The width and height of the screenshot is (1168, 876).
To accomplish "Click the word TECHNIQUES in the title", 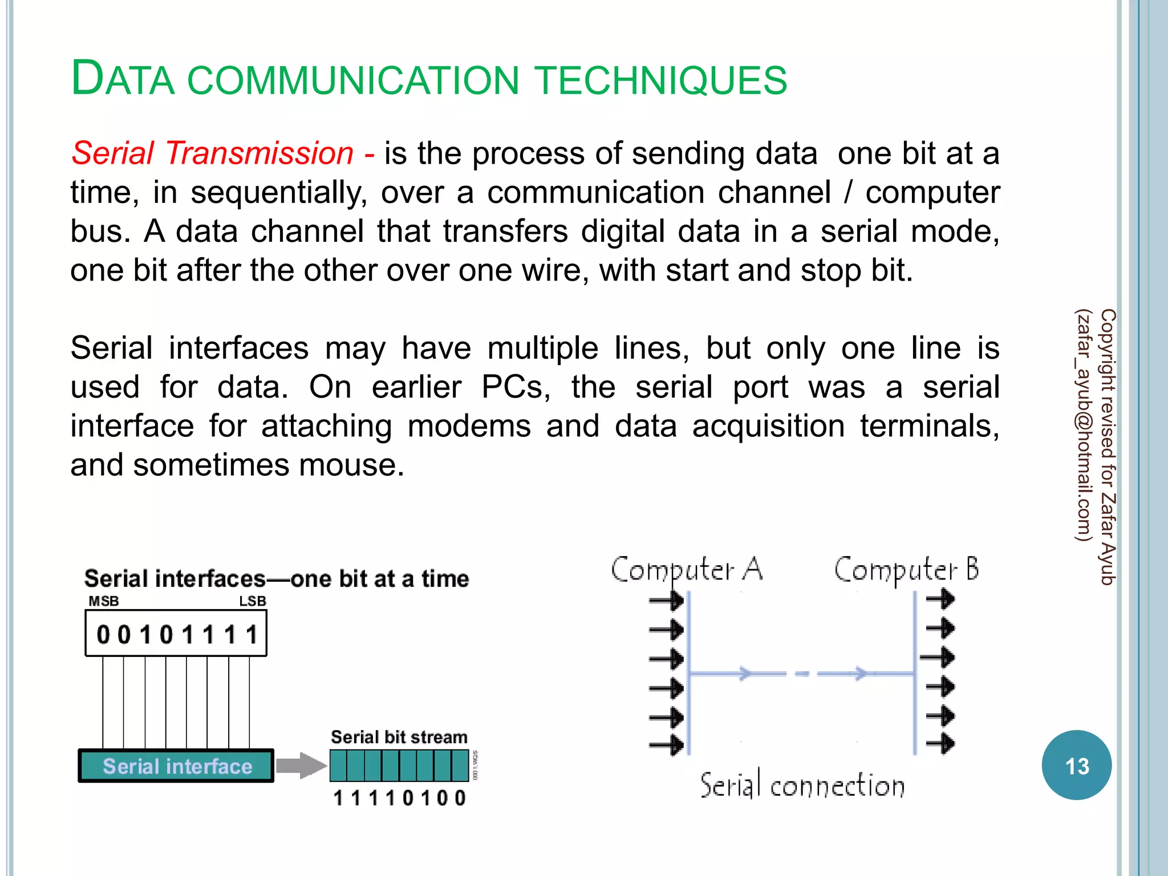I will tap(662, 80).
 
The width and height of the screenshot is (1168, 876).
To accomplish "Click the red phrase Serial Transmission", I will tap(213, 154).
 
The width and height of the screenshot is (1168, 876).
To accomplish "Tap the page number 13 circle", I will tap(1076, 765).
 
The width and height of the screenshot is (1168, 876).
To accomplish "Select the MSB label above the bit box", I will tap(104, 601).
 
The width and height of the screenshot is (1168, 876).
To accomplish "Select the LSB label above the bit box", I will tap(252, 601).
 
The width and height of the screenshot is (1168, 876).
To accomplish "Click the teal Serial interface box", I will tap(177, 766).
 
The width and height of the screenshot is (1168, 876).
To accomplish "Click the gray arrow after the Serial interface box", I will tap(300, 765).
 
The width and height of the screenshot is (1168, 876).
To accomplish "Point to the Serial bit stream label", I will tap(399, 737).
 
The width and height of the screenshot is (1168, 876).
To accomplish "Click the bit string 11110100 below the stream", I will tap(399, 797).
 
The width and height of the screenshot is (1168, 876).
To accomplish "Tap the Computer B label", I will tap(907, 569).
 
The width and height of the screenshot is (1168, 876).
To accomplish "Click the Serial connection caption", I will tap(802, 786).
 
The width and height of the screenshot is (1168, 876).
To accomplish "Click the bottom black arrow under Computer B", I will tap(940, 743).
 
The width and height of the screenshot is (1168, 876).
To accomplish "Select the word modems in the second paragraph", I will tap(469, 427).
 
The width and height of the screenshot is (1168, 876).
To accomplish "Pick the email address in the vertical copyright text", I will tap(1083, 425).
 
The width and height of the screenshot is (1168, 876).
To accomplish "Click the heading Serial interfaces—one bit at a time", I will tap(277, 579).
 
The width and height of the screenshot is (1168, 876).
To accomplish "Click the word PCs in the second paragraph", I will tap(516, 388).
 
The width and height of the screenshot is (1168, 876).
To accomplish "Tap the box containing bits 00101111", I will tap(176, 634).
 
